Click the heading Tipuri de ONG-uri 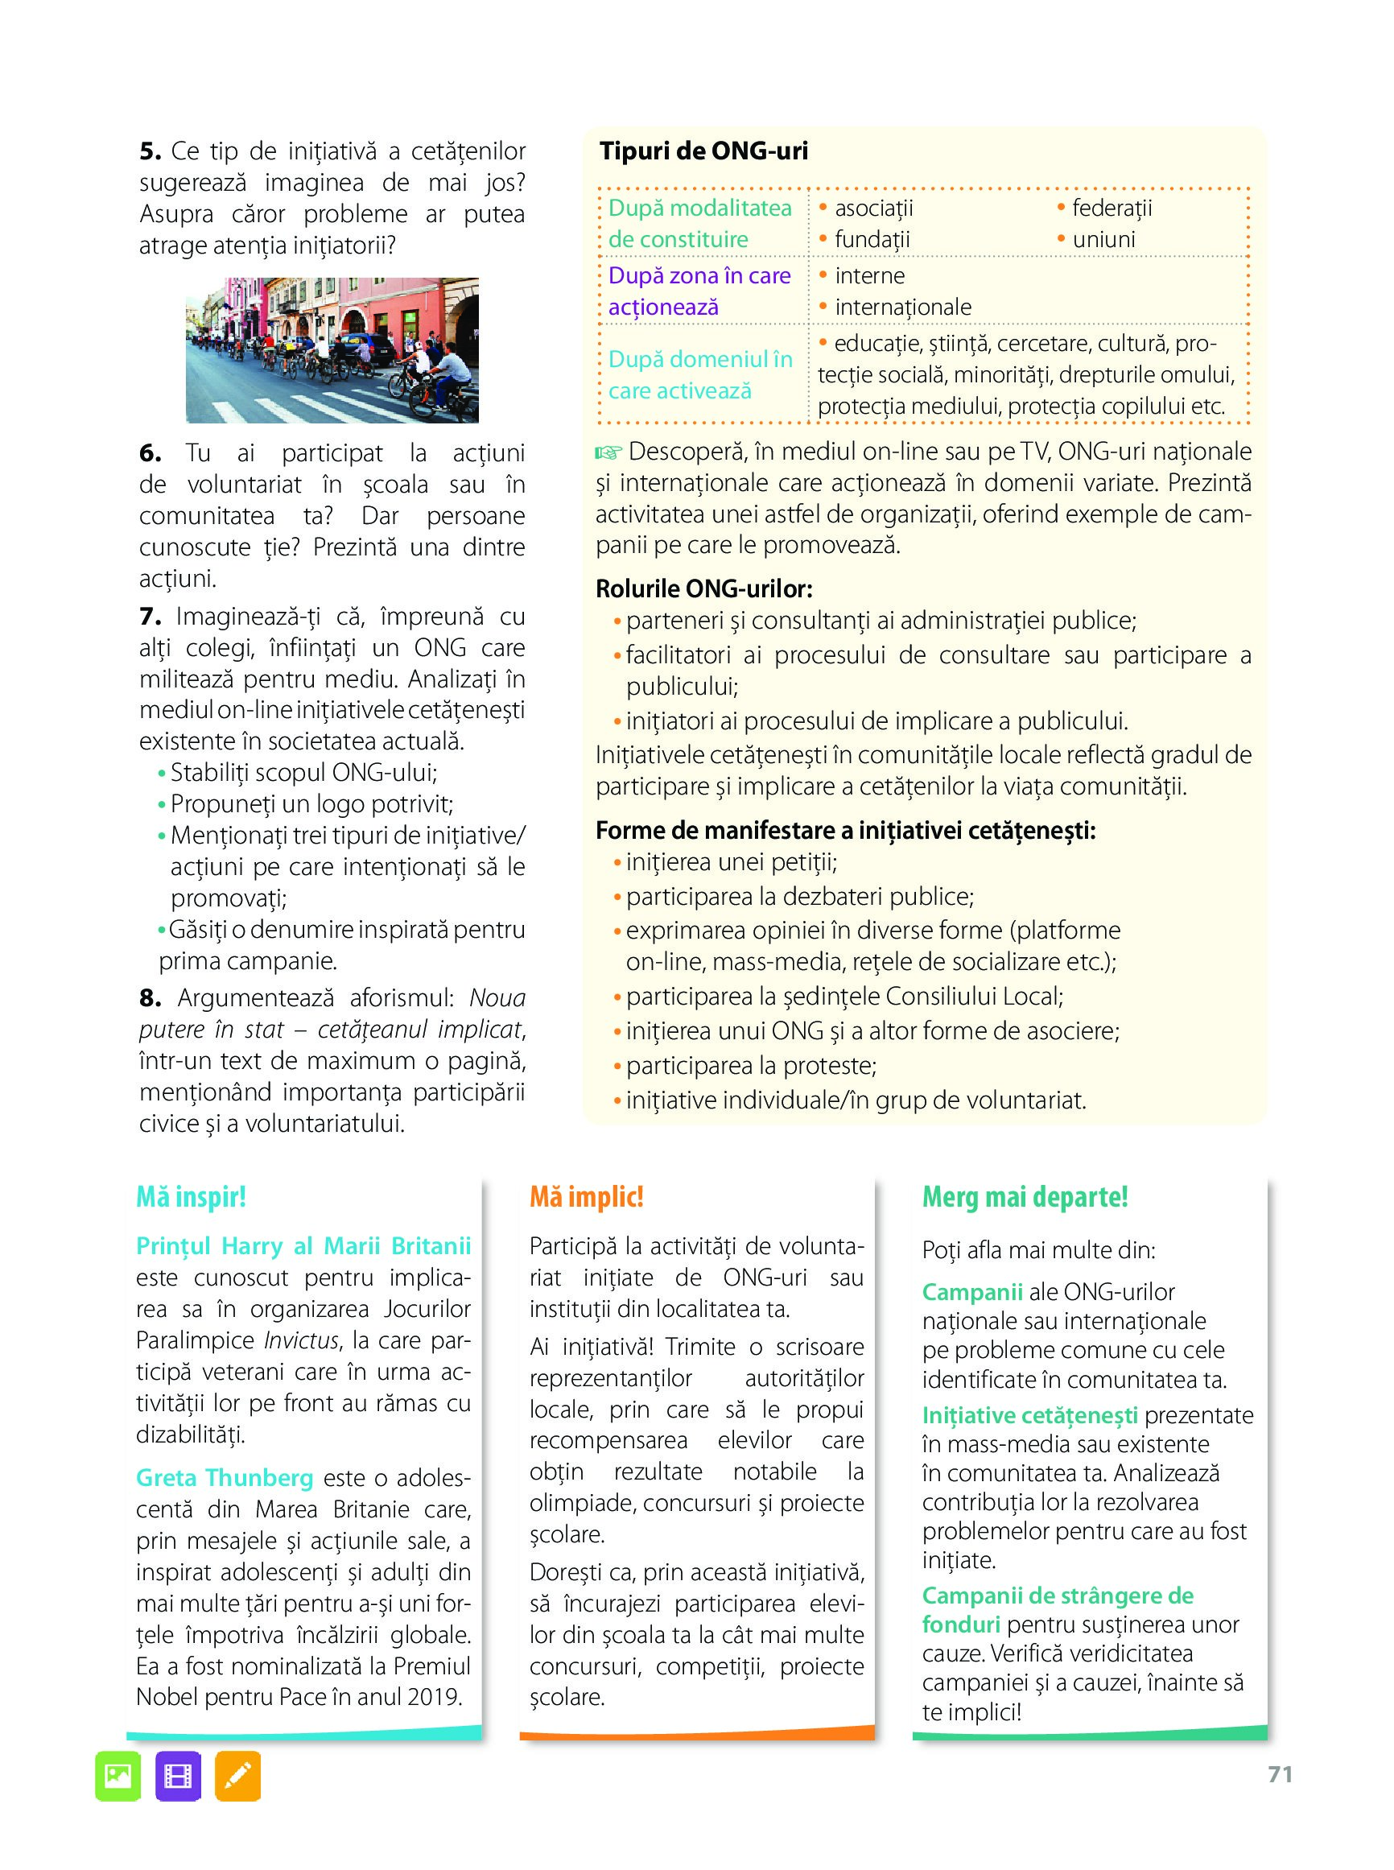(x=703, y=151)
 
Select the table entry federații (x=1111, y=208)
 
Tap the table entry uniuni (x=1103, y=240)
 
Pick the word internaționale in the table (x=903, y=308)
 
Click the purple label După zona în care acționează (x=699, y=291)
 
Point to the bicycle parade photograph (x=332, y=350)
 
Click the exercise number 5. (x=150, y=152)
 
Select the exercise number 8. (x=150, y=998)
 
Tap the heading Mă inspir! (x=191, y=1198)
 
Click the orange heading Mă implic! (x=587, y=1198)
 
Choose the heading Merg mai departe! (x=1025, y=1198)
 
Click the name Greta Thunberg (x=225, y=1478)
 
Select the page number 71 (x=1280, y=1775)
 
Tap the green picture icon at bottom (x=118, y=1777)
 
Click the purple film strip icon (x=178, y=1777)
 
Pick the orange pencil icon (x=238, y=1777)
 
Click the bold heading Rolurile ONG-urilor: (x=703, y=588)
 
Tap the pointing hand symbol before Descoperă (x=608, y=453)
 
